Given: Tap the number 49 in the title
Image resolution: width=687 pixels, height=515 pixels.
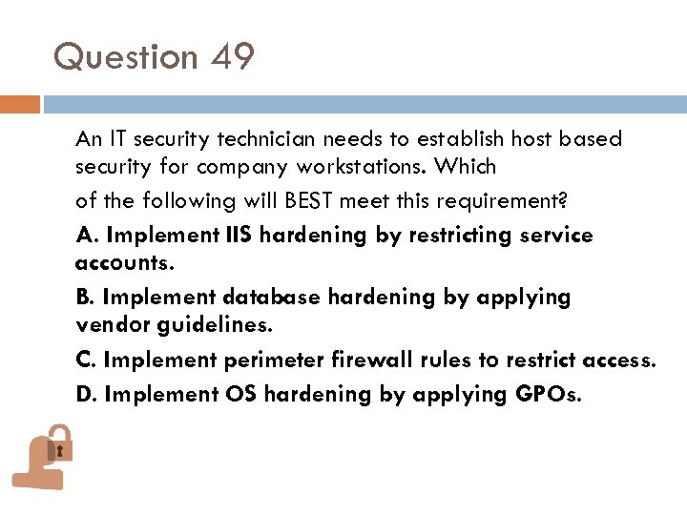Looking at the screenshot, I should point(234,57).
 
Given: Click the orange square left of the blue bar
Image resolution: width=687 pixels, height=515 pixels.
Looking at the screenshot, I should point(20,104).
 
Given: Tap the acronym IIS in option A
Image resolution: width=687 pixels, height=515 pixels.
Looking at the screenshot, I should point(240,235).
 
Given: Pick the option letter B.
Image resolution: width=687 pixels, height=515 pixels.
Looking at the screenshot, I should point(84,298).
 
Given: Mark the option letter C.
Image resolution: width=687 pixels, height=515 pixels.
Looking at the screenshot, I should point(84,360).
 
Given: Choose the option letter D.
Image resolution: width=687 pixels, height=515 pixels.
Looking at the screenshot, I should point(85,393).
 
